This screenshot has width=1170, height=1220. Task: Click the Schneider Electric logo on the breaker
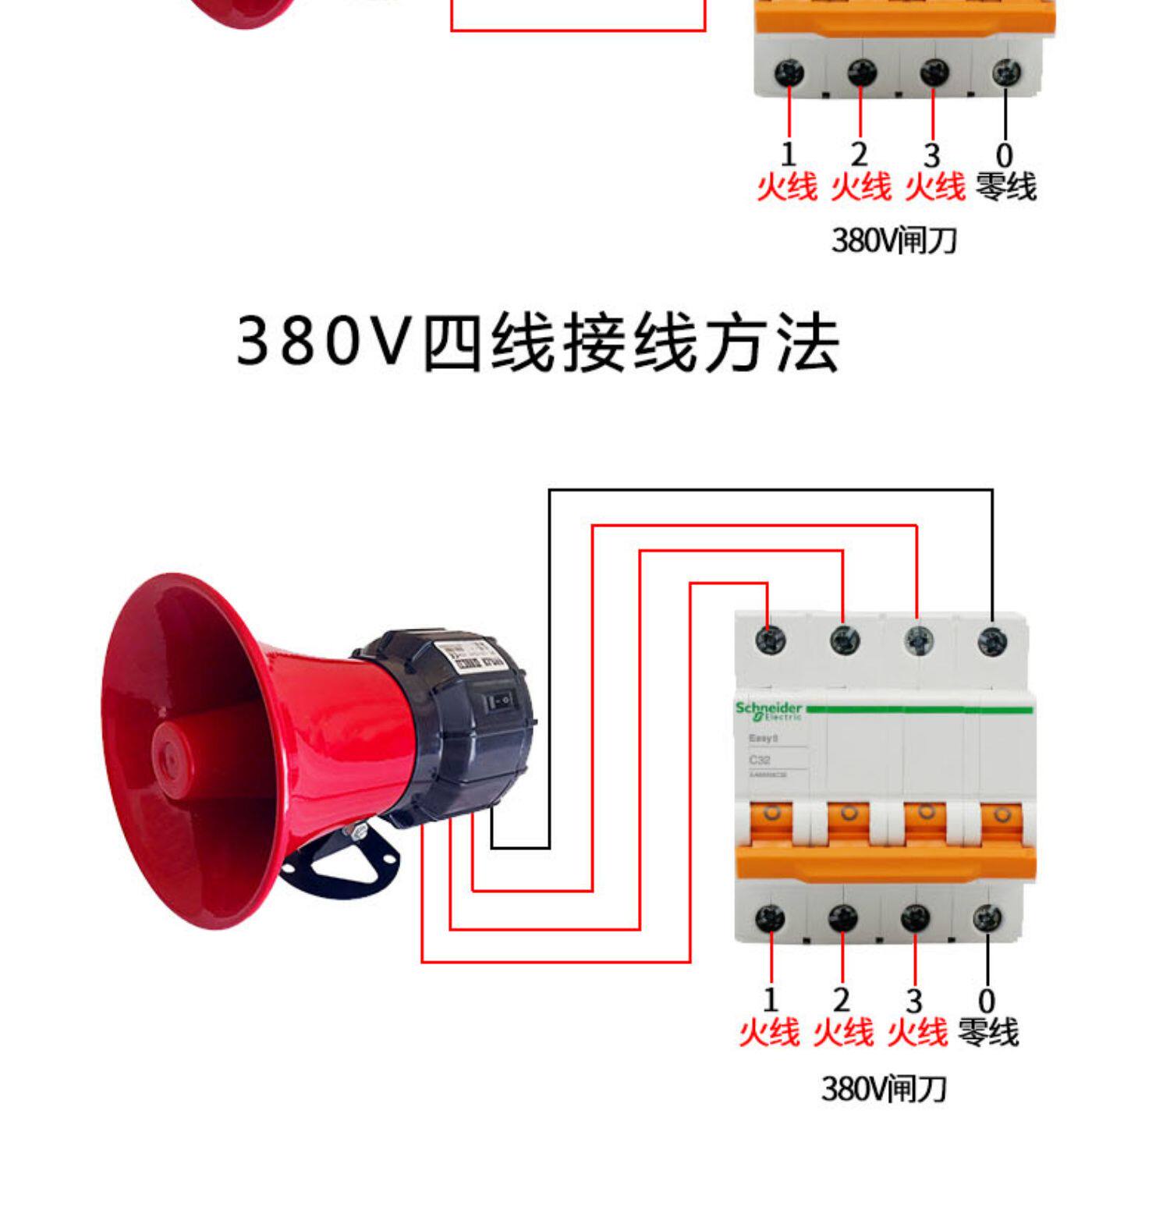[x=768, y=711]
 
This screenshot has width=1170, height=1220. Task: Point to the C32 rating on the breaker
[x=759, y=760]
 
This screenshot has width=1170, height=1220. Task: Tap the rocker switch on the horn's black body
[x=500, y=701]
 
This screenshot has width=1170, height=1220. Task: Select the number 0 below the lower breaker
[x=987, y=1001]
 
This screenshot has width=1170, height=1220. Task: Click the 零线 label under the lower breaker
[x=988, y=1032]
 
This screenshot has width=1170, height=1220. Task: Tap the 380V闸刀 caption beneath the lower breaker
[x=884, y=1088]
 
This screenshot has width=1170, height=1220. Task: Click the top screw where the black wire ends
[x=992, y=641]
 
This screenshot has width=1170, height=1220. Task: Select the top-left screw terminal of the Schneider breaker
[x=771, y=640]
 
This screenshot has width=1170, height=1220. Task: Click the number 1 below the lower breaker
[x=771, y=1000]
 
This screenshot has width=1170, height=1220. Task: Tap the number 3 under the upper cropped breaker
[x=931, y=155]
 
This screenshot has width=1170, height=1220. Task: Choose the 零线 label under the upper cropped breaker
[x=1006, y=187]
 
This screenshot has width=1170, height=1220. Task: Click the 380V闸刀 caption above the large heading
[x=894, y=240]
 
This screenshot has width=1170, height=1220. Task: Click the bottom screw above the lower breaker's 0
[x=987, y=918]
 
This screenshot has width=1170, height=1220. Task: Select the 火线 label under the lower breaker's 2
[x=843, y=1032]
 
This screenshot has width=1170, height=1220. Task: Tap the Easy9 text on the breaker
[x=763, y=738]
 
